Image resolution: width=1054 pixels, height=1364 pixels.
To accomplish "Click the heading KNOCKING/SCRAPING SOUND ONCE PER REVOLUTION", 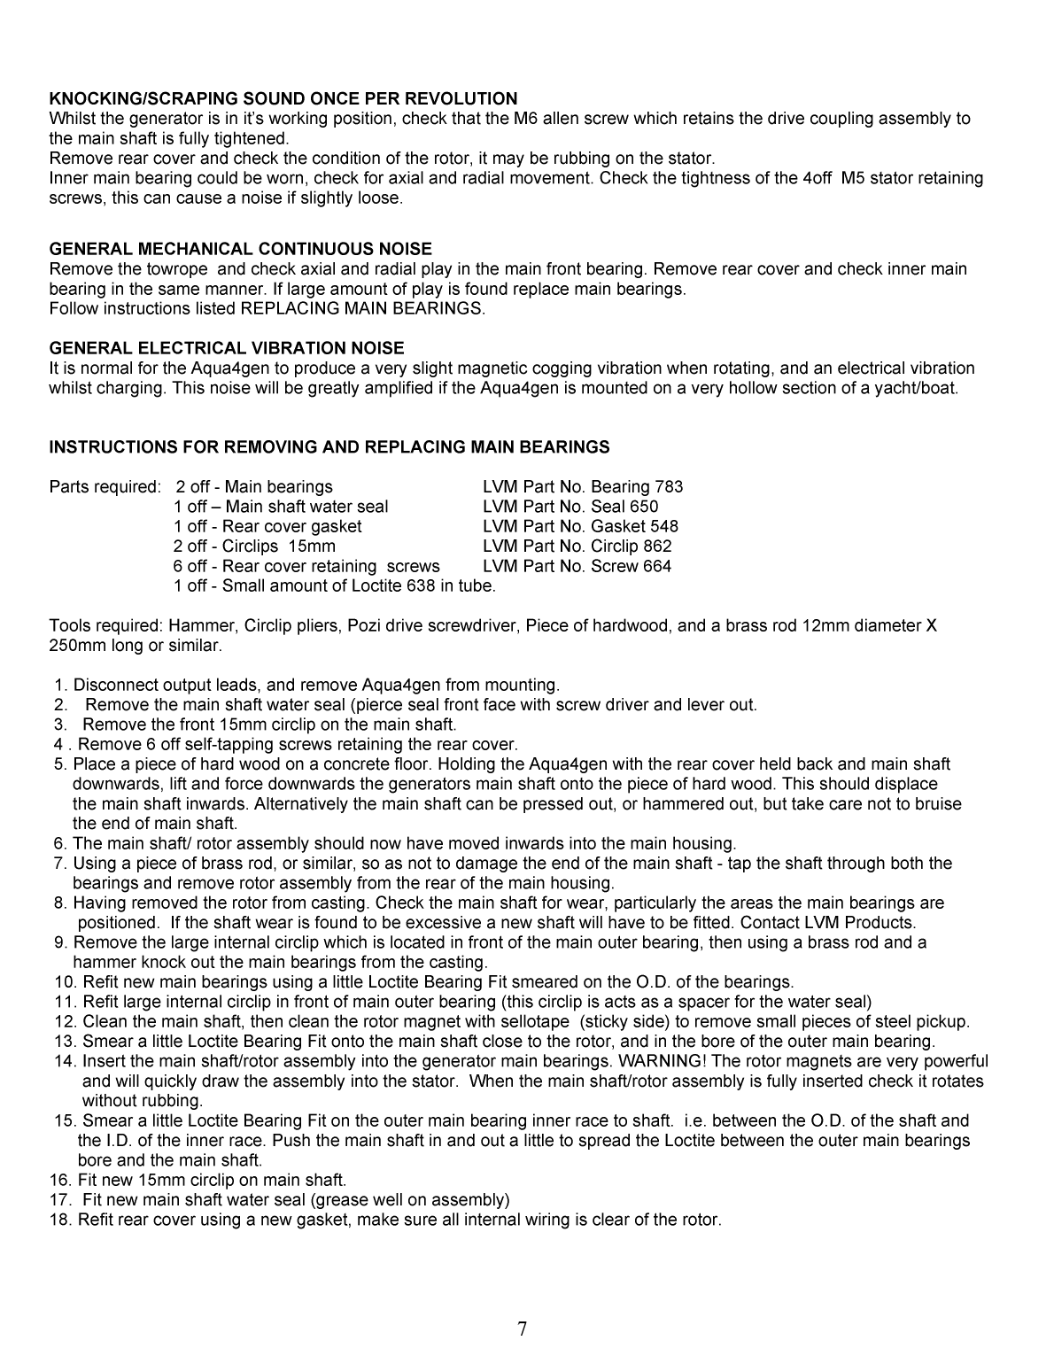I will [x=283, y=98].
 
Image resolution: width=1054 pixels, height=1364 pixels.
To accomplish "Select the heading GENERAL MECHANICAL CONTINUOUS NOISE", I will [x=240, y=249].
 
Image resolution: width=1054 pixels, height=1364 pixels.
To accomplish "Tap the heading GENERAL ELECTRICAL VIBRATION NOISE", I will [x=226, y=348].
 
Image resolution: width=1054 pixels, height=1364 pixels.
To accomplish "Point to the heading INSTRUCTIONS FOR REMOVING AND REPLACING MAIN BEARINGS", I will [x=329, y=446].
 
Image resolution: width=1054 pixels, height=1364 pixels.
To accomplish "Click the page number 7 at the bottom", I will [x=523, y=1329].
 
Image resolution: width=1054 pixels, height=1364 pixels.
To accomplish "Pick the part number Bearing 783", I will [x=636, y=486].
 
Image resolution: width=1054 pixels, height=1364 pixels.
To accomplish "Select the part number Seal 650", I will [x=624, y=507].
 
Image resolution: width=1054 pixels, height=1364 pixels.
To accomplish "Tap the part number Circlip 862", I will [x=631, y=546].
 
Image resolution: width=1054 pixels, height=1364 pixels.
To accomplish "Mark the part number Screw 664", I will [x=631, y=566].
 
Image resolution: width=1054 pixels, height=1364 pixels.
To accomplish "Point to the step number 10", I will [x=64, y=981].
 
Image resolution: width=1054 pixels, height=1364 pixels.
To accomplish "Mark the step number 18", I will [x=60, y=1220].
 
